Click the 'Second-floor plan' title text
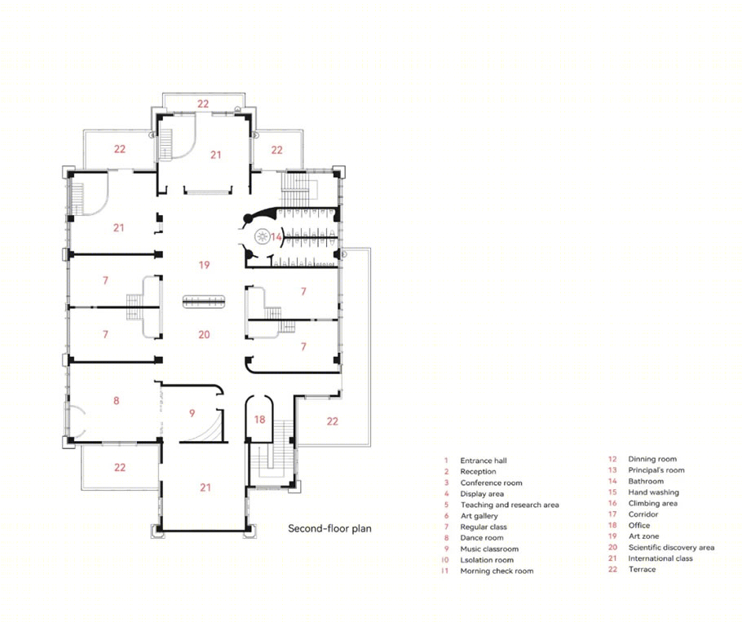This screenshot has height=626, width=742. (330, 528)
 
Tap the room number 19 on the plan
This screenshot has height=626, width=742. (204, 265)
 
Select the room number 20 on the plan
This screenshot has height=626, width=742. (204, 334)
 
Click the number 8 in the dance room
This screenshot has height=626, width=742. (117, 401)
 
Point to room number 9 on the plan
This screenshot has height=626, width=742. (192, 413)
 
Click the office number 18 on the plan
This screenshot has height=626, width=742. (259, 419)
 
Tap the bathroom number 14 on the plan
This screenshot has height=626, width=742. (276, 236)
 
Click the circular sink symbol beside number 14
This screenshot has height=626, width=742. (263, 236)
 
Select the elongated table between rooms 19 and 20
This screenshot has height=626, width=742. (204, 302)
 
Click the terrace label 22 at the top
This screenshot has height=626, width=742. (203, 104)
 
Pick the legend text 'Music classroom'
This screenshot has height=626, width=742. (489, 549)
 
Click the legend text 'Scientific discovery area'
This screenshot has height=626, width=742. (672, 548)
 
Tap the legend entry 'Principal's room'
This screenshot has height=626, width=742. (656, 469)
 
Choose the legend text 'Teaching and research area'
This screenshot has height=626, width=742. (510, 505)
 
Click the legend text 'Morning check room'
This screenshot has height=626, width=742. (497, 571)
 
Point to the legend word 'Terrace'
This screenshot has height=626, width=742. (643, 569)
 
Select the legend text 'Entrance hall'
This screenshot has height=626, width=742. (484, 461)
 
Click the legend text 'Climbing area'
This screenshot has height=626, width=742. (653, 503)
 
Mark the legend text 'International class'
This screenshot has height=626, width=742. (660, 558)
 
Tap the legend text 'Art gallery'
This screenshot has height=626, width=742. (479, 516)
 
